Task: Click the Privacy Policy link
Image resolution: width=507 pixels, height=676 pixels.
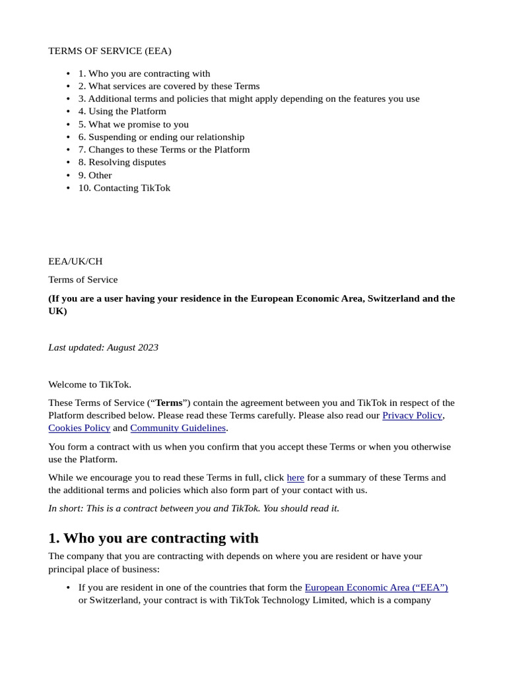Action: click(412, 415)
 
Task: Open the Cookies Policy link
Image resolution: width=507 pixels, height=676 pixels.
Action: click(79, 428)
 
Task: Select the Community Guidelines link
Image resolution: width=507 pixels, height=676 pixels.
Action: click(178, 428)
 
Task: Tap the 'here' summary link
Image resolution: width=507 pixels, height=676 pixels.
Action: click(295, 477)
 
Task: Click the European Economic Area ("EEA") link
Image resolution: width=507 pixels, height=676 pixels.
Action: click(376, 587)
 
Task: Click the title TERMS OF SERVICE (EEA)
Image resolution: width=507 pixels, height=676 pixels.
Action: click(110, 51)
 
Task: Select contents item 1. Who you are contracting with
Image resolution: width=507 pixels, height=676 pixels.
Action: click(144, 73)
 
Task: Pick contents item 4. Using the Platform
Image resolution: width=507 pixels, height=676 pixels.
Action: click(122, 111)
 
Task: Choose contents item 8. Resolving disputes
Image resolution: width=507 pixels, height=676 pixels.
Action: click(122, 162)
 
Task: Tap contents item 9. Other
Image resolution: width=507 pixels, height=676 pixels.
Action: click(95, 175)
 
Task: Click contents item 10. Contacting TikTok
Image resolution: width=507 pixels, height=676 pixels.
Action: click(124, 187)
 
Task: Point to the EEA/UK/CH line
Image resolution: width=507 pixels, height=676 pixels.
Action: click(75, 261)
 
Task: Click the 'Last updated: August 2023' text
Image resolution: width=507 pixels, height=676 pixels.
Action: click(103, 347)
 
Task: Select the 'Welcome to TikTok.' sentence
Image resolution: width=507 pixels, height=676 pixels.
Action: click(90, 384)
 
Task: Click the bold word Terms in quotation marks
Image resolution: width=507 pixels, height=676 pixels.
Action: click(168, 403)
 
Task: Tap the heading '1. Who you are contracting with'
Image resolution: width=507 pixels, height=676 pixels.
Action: click(153, 537)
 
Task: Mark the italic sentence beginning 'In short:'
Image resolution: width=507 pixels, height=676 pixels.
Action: click(193, 508)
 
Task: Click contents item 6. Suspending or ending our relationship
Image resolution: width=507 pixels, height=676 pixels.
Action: click(161, 137)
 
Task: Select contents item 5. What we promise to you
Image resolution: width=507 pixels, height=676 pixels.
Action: click(133, 124)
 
